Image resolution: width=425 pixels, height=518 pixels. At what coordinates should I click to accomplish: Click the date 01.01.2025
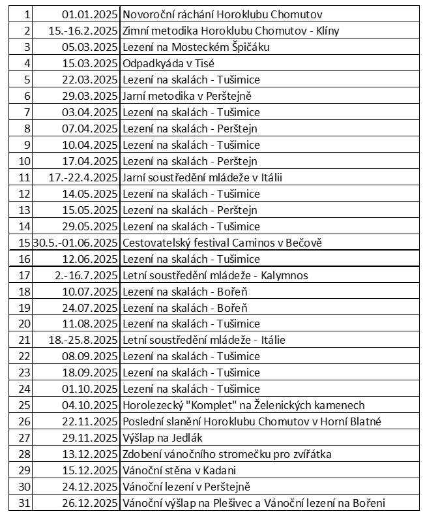[x=90, y=14]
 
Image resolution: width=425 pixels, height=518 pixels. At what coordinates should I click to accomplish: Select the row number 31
[x=25, y=503]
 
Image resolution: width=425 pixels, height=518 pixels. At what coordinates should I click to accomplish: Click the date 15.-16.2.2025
[x=83, y=31]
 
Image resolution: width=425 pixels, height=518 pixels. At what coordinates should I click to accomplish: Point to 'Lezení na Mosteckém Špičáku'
[x=196, y=47]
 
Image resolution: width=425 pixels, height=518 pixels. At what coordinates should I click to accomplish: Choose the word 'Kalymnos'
[x=284, y=275]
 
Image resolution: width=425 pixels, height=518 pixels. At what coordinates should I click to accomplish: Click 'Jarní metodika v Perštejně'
[x=187, y=96]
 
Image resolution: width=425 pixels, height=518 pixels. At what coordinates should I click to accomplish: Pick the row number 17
[x=25, y=275]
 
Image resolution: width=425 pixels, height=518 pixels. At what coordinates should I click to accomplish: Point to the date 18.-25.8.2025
[x=83, y=340]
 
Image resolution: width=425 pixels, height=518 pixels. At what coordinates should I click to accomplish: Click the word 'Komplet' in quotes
[x=209, y=405]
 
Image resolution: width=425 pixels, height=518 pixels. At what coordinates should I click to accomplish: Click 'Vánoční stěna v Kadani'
[x=179, y=470]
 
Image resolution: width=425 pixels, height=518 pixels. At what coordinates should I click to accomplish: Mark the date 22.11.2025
[x=90, y=421]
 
